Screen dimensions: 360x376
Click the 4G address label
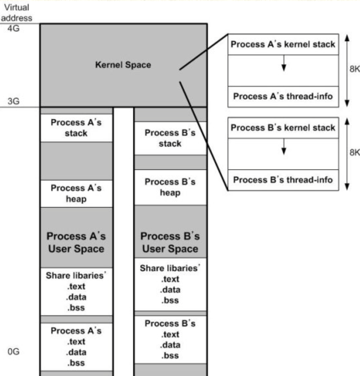pos(14,28)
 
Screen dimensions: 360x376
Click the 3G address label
pos(14,101)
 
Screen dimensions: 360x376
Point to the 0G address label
pos(14,352)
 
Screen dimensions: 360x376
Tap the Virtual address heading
pos(17,13)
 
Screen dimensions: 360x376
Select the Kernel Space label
pos(123,65)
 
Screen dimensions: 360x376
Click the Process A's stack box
pos(77,128)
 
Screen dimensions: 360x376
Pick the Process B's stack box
pos(170,138)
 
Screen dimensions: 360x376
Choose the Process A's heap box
pos(77,193)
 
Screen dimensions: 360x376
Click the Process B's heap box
pos(170,187)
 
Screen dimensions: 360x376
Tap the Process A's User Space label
pos(76,242)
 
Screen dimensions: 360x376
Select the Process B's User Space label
pos(170,242)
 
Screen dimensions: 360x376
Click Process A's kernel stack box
pos(283,44)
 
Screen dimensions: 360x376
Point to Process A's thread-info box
pos(283,97)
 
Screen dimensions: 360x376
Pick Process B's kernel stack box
pos(283,128)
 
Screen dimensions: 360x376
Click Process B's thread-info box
pos(283,180)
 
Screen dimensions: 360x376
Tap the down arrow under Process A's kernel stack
pos(284,63)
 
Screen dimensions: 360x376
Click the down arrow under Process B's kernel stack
pos(284,147)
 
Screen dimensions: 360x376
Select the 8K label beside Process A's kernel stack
pos(354,69)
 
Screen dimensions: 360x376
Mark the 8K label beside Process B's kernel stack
pos(354,152)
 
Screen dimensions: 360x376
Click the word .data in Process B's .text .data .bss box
pos(170,345)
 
